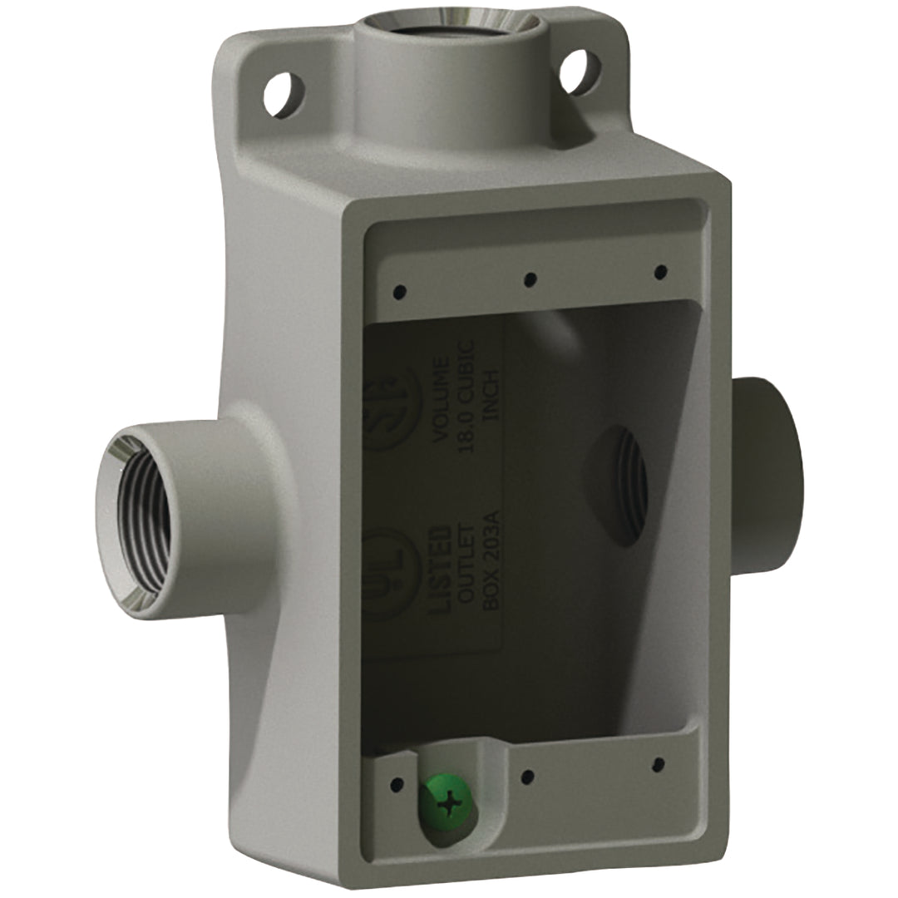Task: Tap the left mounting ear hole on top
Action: click(x=284, y=94)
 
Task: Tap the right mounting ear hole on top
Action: click(x=580, y=72)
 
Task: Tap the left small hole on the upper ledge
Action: click(x=399, y=292)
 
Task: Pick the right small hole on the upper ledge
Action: click(x=660, y=272)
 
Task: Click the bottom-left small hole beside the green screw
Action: click(x=397, y=783)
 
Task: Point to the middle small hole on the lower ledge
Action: click(x=526, y=777)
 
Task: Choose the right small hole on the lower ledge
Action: click(x=658, y=764)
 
